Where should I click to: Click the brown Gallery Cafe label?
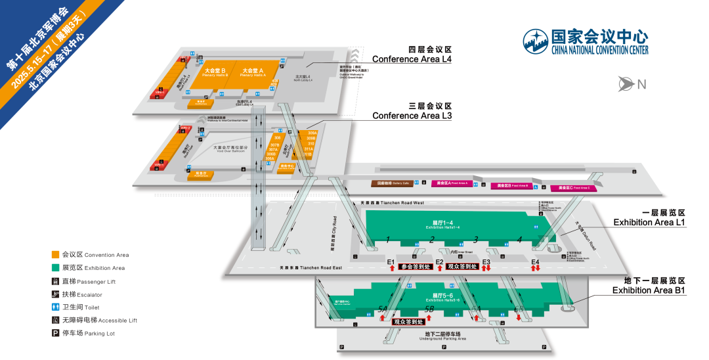[x=393, y=183]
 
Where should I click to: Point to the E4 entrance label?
[x=535, y=262]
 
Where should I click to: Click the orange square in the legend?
[x=56, y=254]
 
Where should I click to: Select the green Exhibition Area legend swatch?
[x=56, y=267]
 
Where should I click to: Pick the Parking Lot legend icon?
[x=56, y=333]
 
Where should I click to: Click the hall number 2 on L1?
[x=431, y=239]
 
